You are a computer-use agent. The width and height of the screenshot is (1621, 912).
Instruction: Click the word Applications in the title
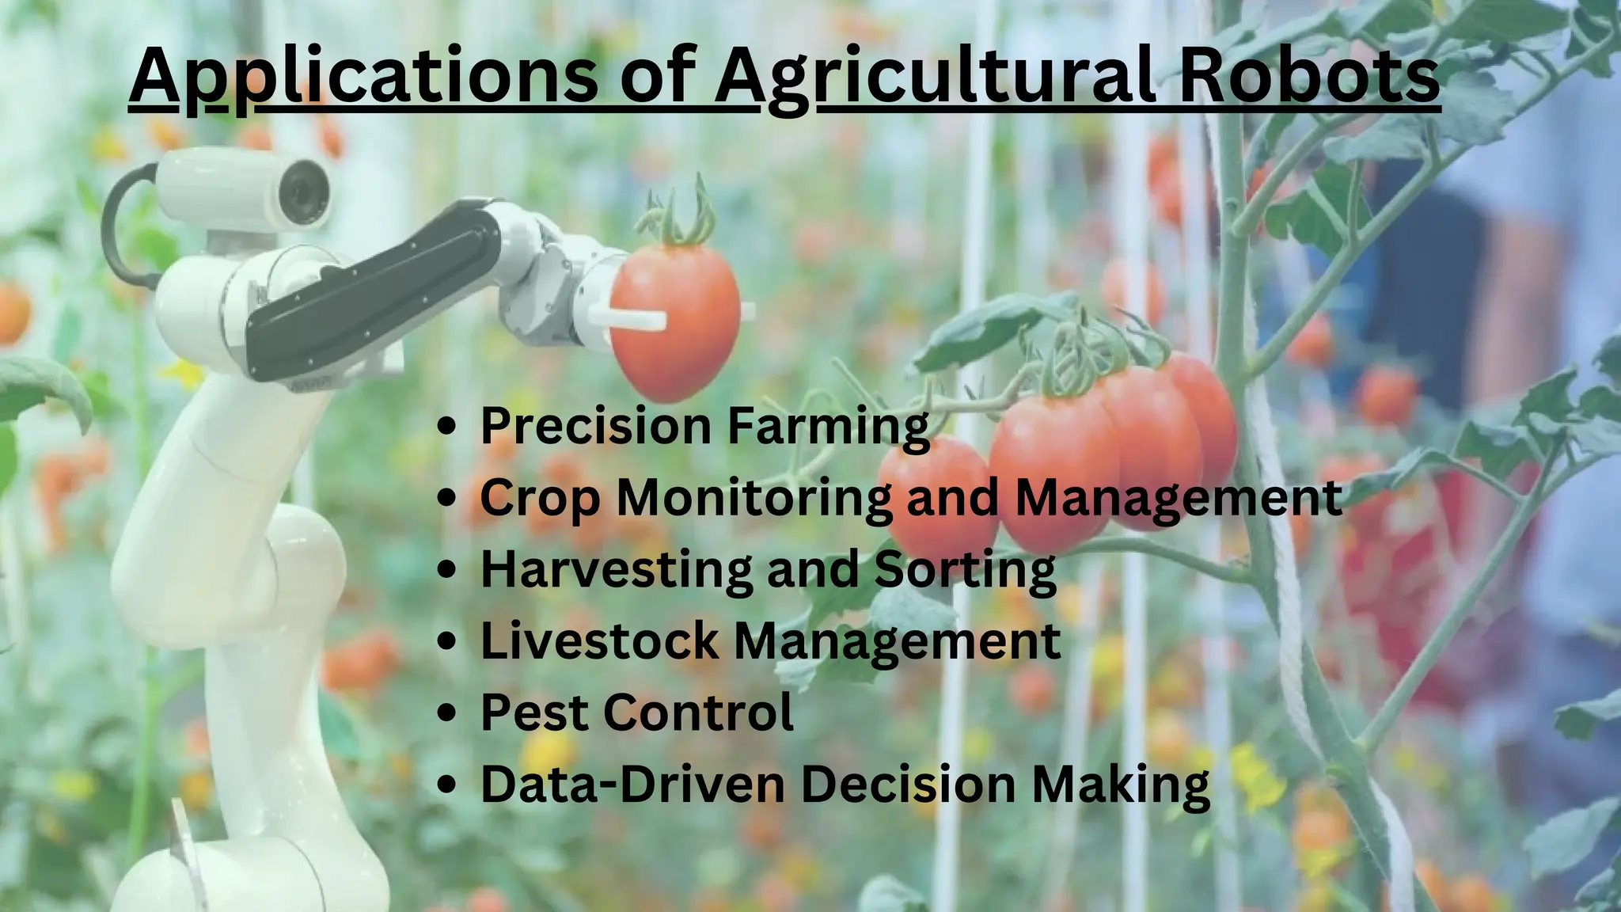pos(363,76)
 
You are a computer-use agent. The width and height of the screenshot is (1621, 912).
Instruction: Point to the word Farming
pos(828,427)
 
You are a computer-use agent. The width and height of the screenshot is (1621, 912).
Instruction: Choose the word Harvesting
pos(616,570)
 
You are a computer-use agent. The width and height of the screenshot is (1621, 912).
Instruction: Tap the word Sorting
pos(965,570)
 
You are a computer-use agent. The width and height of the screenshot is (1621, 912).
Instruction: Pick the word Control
pos(698,712)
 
